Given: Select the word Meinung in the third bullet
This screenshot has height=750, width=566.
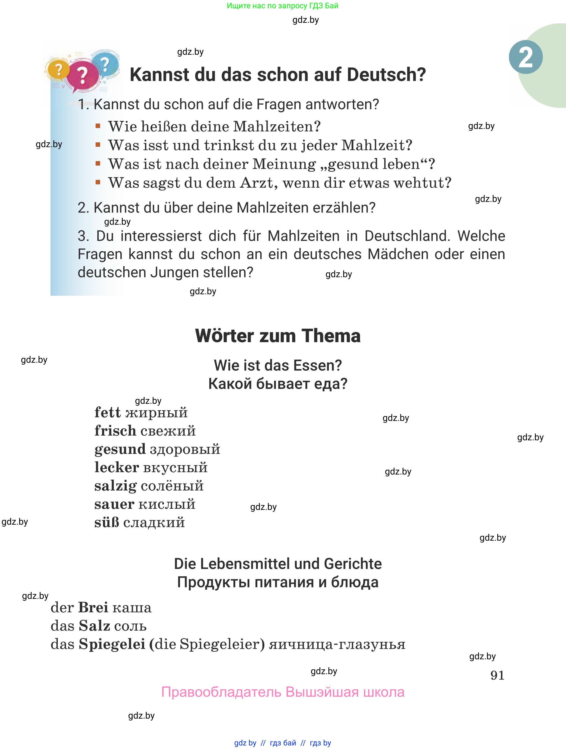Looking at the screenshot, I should pos(284,164).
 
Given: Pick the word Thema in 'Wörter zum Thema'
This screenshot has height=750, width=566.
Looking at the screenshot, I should pos(331,336).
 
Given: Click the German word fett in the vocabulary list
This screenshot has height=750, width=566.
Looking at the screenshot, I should pos(108,413).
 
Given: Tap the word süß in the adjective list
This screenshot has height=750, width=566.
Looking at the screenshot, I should pos(107,522).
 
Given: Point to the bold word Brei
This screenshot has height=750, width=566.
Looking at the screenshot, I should pos(93,607).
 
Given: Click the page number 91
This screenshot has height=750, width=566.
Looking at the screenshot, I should pos(497,675).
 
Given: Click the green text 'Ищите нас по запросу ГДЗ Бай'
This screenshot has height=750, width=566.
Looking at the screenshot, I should pos(282,6).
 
